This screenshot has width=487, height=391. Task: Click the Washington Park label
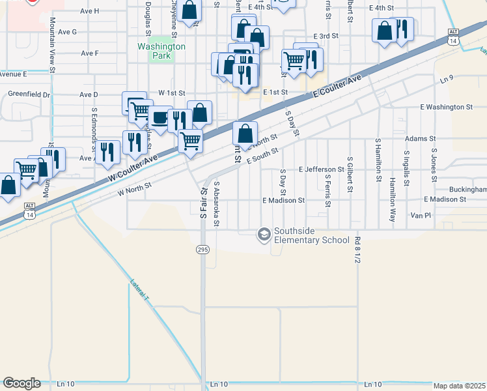(x=161, y=51)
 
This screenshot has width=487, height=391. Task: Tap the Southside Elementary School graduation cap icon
(x=264, y=234)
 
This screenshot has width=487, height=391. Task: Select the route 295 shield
(x=204, y=249)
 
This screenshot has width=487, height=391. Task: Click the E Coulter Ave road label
(x=336, y=86)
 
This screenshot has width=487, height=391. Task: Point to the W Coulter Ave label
(x=133, y=168)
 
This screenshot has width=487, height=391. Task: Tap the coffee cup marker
(x=159, y=118)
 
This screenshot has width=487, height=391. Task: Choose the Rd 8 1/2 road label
(x=357, y=251)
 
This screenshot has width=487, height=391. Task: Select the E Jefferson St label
(x=321, y=169)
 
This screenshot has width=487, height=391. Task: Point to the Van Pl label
(x=421, y=215)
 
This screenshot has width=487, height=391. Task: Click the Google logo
(x=21, y=383)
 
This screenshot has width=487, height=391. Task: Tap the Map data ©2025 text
(x=459, y=386)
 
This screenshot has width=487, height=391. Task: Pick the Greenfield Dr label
(x=29, y=94)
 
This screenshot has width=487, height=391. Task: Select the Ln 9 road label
(x=445, y=80)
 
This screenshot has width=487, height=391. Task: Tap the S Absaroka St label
(x=217, y=204)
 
